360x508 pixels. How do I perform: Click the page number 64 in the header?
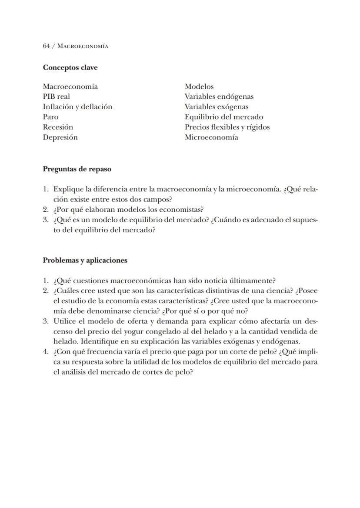[x=46, y=46]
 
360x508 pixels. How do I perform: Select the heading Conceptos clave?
[x=70, y=67]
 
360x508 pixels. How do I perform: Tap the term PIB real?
[x=56, y=97]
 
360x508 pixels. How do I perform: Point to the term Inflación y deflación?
[x=77, y=107]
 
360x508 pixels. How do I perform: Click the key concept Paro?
[x=50, y=117]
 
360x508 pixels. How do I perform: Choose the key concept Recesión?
[x=58, y=127]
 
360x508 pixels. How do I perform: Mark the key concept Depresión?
[x=60, y=137]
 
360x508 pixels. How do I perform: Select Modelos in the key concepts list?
[x=199, y=87]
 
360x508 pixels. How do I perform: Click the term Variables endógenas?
[x=219, y=97]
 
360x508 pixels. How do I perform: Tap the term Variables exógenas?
[x=217, y=107]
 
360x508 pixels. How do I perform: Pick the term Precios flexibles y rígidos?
[x=227, y=127]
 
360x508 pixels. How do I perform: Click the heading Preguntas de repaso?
[x=77, y=169]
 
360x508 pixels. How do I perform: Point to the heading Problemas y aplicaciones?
[x=85, y=261]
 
